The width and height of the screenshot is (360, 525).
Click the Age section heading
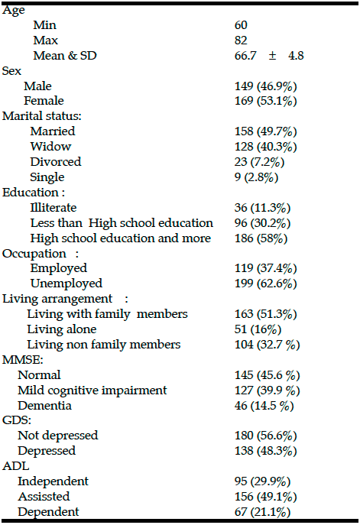[14, 11]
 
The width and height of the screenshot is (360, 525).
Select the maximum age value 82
[241, 41]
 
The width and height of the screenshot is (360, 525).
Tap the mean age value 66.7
[245, 56]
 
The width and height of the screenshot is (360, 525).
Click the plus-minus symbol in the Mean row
[273, 56]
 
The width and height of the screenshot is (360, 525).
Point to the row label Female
[44, 100]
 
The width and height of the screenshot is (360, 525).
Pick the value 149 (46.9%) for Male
[265, 86]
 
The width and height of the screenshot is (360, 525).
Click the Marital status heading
[41, 116]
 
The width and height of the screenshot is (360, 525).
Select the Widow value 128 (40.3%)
[265, 147]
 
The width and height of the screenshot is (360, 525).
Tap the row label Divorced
[56, 162]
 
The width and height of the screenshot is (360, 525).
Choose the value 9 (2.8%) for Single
[256, 177]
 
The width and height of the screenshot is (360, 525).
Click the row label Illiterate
[54, 208]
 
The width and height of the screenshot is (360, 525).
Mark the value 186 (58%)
[261, 238]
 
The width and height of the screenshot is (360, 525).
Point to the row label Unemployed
[66, 284]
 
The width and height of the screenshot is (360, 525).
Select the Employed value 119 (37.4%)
[265, 268]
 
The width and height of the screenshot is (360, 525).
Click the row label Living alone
[62, 329]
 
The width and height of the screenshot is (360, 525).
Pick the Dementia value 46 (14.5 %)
[264, 406]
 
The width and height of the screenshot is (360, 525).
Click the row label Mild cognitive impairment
[92, 391]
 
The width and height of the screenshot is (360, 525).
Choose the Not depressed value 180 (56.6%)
[265, 436]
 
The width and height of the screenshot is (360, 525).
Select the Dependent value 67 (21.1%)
[263, 512]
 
